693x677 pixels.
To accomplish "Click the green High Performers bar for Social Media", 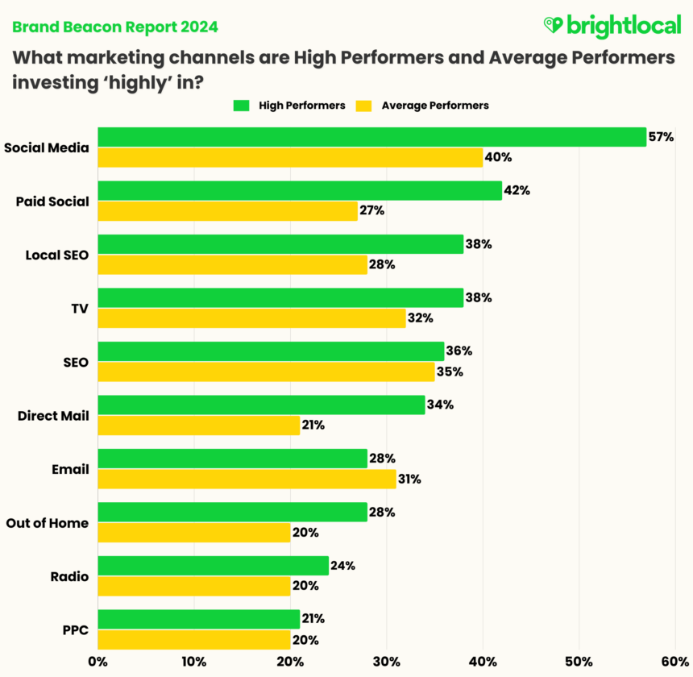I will point(371,137).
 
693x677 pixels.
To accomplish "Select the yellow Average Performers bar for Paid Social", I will point(227,211).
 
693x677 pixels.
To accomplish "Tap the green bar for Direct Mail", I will point(261,405).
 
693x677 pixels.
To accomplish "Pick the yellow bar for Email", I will point(247,480).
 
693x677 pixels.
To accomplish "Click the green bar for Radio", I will point(213,566).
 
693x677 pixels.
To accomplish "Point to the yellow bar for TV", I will point(251,318).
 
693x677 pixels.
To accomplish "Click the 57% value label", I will point(661,137).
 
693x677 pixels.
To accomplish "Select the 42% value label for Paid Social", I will point(516,190).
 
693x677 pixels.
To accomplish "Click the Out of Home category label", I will point(47,523).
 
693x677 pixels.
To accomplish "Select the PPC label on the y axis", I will point(77,630).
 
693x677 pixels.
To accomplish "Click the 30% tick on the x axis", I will point(386,662).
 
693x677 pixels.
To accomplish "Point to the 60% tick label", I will point(674,662).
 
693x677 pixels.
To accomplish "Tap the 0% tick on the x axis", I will point(98,662).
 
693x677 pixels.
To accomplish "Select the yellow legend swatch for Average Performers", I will point(364,105).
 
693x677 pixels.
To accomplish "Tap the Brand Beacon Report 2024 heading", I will point(114,27).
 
